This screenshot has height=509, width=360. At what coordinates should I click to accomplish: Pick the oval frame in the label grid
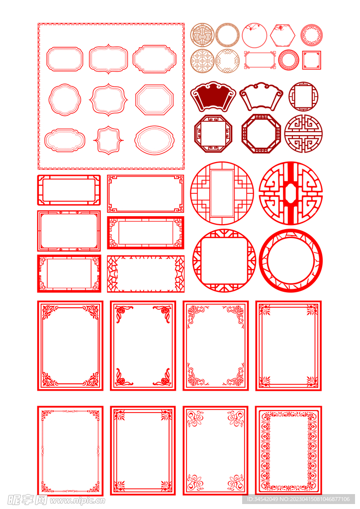[137, 140]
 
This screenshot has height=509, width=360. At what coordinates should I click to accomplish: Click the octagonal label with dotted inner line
[138, 99]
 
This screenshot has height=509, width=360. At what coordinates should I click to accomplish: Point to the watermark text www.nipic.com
[77, 501]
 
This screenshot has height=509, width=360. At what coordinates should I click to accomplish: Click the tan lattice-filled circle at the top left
[202, 35]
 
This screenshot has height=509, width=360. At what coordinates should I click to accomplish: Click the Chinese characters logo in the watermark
[27, 500]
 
